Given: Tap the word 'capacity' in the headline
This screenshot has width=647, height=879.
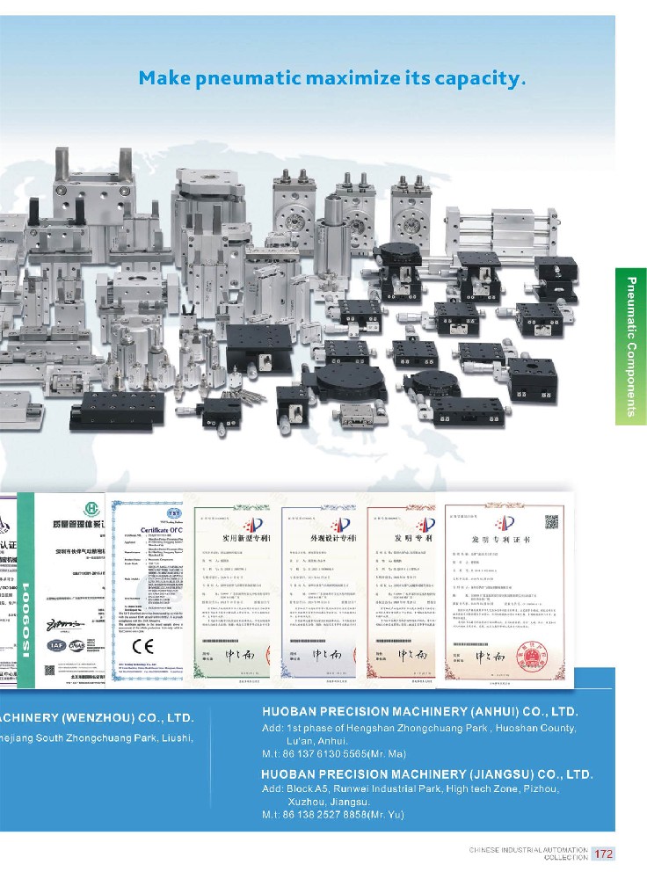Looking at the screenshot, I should tap(476, 79).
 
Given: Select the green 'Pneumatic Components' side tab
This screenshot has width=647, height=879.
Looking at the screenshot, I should tap(631, 346).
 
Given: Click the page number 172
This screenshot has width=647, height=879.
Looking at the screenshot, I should tap(604, 854).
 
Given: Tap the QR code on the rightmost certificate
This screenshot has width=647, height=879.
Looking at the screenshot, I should tap(552, 522).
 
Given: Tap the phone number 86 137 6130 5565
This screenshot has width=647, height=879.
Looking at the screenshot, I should tap(326, 753).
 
